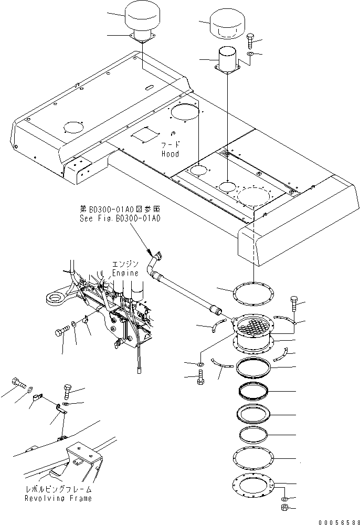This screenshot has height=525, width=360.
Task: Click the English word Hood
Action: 170,154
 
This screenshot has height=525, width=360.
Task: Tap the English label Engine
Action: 125,273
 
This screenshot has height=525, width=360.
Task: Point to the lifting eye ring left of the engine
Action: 55,299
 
